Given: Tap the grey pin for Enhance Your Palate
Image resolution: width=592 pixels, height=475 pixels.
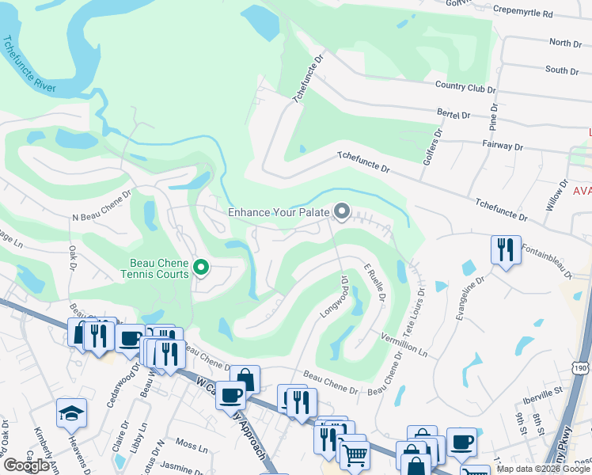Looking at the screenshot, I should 342,211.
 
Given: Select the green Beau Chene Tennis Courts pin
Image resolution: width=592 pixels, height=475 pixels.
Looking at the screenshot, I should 201,268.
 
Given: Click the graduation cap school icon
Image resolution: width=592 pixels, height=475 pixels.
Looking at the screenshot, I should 71,412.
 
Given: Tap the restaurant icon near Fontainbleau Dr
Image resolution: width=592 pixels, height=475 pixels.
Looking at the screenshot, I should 503,250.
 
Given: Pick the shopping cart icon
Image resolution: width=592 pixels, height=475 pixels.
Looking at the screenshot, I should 355,454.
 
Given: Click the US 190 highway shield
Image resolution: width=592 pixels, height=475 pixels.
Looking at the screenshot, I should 581,369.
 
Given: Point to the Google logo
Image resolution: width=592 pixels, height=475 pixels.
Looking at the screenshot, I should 26,465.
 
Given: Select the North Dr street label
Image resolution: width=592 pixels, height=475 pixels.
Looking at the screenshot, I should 565,43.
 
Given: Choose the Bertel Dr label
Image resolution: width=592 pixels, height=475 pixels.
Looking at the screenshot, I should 453,115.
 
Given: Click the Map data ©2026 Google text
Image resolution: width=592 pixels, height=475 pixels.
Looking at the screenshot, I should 543,469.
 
